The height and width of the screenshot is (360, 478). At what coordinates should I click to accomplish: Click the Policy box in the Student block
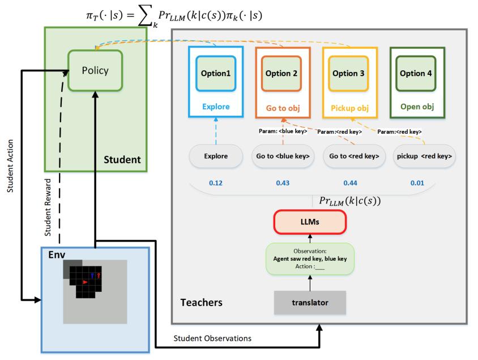coord(95,71)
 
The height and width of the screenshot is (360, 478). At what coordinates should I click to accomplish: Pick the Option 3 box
coord(349,74)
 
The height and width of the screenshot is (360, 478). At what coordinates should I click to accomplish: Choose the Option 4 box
coord(416,74)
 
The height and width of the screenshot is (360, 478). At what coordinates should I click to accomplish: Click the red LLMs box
coord(310,223)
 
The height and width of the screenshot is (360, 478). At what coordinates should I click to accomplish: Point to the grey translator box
coord(310,302)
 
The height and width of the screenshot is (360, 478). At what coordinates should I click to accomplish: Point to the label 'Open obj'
coord(416,105)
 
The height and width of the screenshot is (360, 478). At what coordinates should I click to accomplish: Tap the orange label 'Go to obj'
coord(281,105)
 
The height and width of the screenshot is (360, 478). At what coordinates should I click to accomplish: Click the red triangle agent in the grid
coord(85,281)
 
